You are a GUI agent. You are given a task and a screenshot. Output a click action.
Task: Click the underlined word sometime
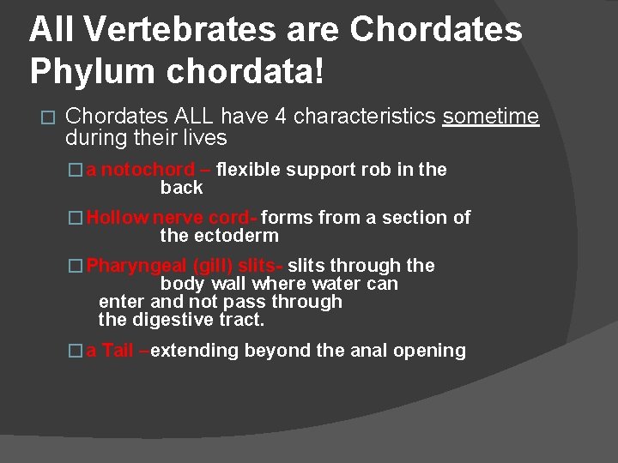pyautogui.click(x=490, y=116)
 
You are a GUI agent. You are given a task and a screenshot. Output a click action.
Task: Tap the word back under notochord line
pyautogui.click(x=181, y=188)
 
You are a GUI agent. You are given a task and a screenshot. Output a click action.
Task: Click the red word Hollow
pyautogui.click(x=118, y=218)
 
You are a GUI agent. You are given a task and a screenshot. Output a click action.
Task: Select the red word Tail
pyautogui.click(x=118, y=350)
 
